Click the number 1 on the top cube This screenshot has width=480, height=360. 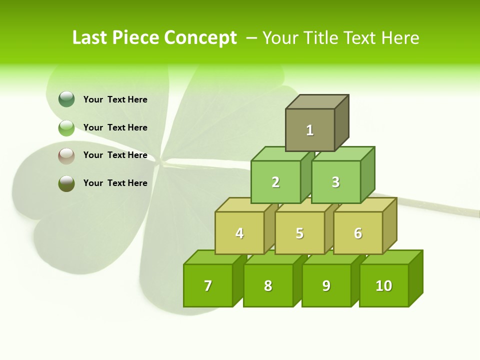[310, 130]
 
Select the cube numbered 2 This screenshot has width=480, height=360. [275, 182]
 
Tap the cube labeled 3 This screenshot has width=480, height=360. [335, 182]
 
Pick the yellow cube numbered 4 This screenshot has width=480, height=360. [239, 233]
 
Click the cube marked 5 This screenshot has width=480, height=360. [299, 233]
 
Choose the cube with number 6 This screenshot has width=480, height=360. [358, 233]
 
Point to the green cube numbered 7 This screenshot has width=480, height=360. [208, 285]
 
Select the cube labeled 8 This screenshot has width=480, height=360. [268, 285]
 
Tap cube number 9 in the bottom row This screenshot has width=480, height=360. [326, 285]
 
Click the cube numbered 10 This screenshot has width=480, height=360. [384, 285]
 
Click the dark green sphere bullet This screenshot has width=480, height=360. [66, 99]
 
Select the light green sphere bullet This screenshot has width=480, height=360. [66, 128]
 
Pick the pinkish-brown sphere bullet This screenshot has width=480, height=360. [66, 156]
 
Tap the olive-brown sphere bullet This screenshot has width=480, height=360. [66, 183]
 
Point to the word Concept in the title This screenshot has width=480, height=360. [200, 38]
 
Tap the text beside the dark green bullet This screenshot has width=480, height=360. [115, 99]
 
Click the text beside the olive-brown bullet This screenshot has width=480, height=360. [115, 183]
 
